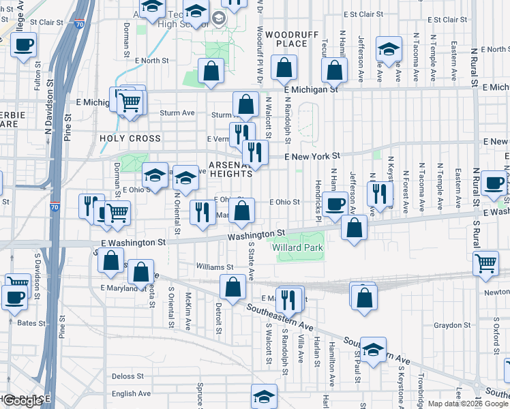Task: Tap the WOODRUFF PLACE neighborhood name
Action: click(286, 39)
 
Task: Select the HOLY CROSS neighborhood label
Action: click(130, 138)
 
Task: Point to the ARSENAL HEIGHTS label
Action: click(230, 169)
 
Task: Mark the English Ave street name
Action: click(131, 393)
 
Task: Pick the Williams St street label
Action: click(211, 267)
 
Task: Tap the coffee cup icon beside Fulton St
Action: click(22, 44)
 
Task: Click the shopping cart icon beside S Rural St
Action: click(485, 262)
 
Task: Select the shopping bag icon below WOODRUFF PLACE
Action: click(284, 67)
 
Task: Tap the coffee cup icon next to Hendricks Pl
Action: click(333, 204)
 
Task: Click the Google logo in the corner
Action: click(22, 401)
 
